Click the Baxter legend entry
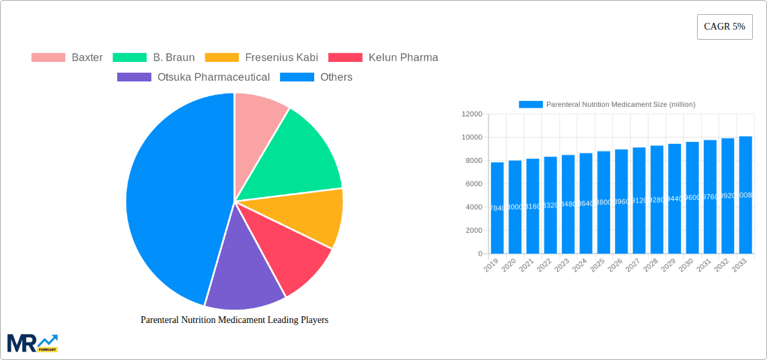click(67, 58)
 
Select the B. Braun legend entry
click(154, 58)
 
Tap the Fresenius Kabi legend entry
click(262, 58)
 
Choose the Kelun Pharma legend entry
click(383, 58)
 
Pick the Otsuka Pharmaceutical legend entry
click(194, 77)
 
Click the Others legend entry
click(316, 77)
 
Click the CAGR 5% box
click(725, 27)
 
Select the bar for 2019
click(497, 209)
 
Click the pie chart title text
click(234, 320)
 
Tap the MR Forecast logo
click(32, 343)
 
